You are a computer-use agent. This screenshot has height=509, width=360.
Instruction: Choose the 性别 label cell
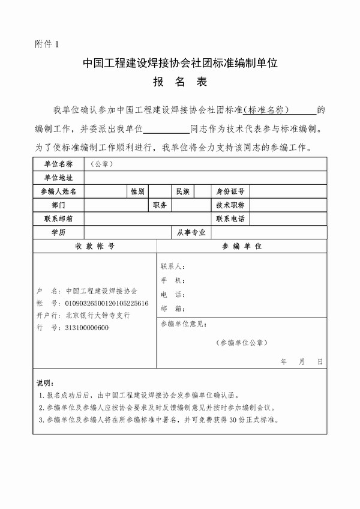(137, 191)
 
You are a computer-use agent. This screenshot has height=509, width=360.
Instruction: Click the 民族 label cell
(183, 191)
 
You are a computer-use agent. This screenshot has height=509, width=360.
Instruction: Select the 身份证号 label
(230, 191)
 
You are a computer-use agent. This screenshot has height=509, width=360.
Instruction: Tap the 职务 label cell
(160, 205)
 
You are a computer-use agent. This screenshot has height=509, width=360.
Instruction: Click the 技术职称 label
(230, 205)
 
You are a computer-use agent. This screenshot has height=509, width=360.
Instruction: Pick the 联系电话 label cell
(230, 218)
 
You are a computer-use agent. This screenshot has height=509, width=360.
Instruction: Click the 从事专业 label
(190, 232)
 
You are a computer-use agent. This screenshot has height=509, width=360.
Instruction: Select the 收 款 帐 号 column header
(95, 246)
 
